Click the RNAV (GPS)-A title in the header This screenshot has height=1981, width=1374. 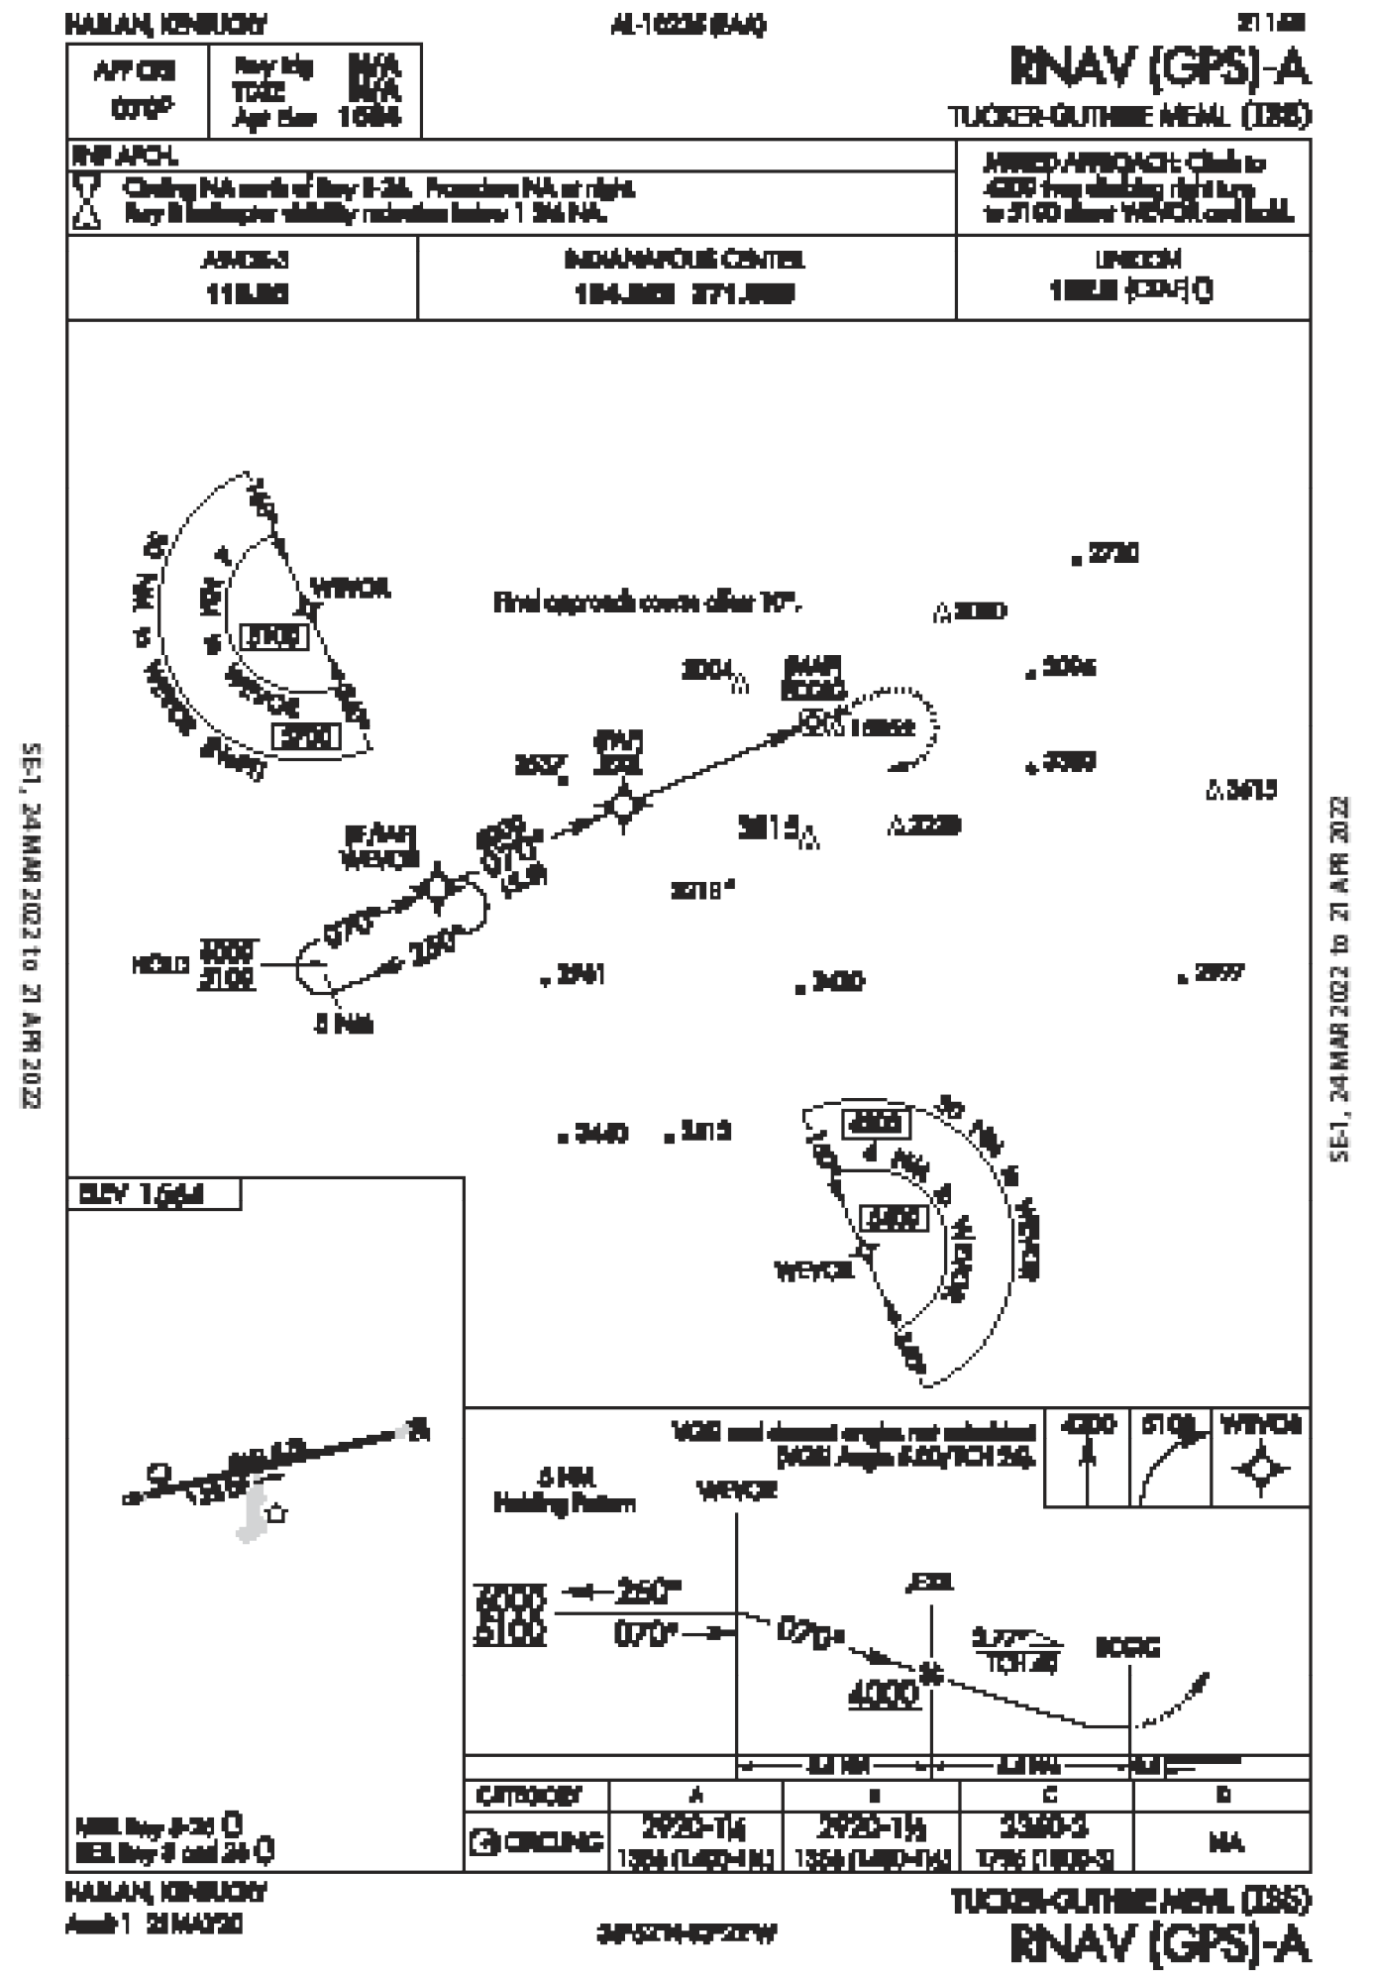1160,67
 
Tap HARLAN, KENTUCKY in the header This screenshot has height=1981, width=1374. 166,24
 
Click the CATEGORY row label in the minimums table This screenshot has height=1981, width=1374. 529,1795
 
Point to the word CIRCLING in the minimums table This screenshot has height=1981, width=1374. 554,1842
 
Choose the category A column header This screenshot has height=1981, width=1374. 695,1795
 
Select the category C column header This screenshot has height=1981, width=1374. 1050,1795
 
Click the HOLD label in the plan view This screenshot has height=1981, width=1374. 161,964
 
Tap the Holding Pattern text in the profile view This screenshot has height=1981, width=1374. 565,1505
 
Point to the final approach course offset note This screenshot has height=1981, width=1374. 647,602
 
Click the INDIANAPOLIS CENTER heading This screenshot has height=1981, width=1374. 685,261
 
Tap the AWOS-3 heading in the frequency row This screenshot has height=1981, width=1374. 244,261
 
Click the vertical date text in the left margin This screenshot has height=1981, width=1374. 33,951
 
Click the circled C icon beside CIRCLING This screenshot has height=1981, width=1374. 483,1842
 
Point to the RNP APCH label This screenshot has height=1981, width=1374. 125,156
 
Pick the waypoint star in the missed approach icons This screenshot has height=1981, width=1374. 1260,1469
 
